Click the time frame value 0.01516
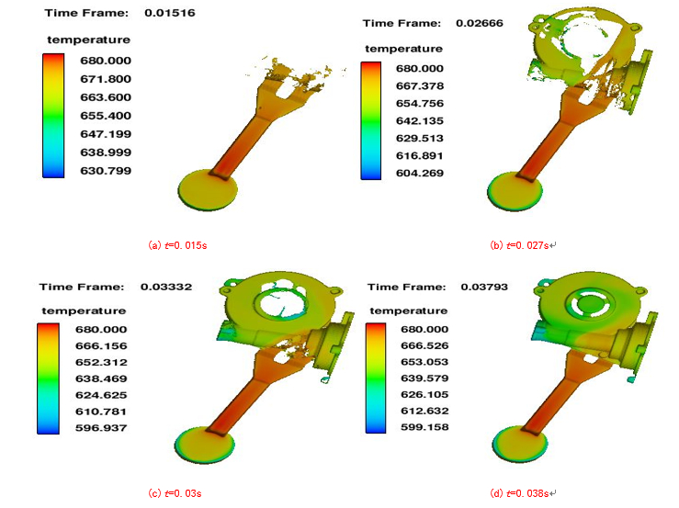[x=170, y=13]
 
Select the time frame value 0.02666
[x=480, y=23]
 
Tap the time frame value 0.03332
[x=166, y=287]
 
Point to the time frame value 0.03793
[x=484, y=287]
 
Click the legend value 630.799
[x=106, y=171]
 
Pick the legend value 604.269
[x=420, y=174]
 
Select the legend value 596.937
[x=101, y=428]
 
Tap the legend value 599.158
[x=424, y=427]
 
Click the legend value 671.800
[x=106, y=79]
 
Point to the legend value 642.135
[x=420, y=121]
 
